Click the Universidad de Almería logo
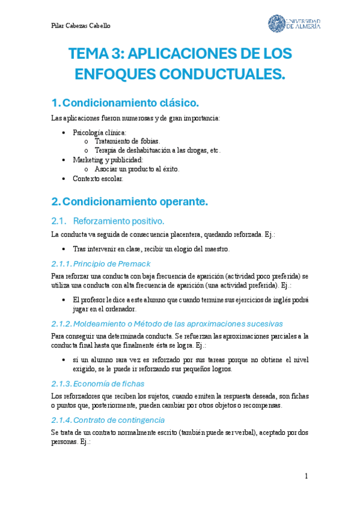[x=294, y=23]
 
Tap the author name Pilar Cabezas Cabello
[x=81, y=26]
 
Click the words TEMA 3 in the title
[x=93, y=54]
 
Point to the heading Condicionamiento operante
[x=135, y=201]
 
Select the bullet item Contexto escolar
[x=98, y=179]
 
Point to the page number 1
[x=307, y=476]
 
